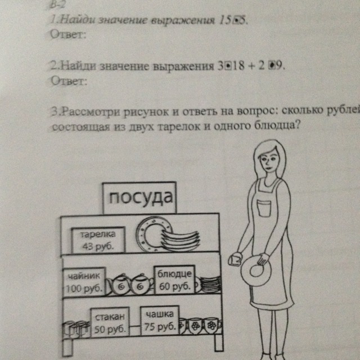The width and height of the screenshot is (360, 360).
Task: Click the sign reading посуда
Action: [139, 198]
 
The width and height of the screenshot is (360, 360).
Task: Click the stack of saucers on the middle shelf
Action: [210, 283]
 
